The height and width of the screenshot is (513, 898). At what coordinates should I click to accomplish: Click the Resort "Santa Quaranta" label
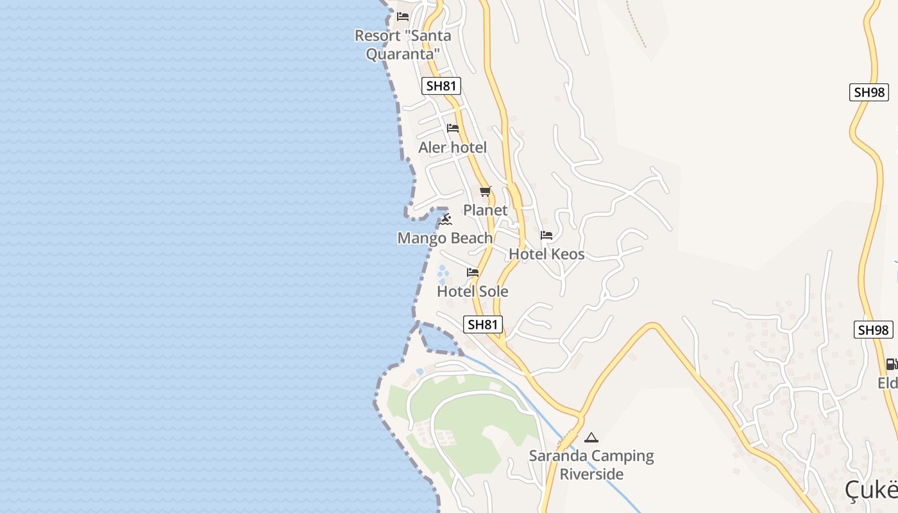coord(403,44)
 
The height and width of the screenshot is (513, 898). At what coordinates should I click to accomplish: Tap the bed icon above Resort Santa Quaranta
coord(403,17)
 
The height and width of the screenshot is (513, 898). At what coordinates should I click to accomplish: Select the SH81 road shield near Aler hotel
coord(441,86)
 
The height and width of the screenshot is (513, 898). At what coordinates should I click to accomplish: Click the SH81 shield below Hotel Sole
coord(482,324)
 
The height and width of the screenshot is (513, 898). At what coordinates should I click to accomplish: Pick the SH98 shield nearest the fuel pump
coord(873,330)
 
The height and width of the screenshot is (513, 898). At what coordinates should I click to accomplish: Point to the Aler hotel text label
coord(452,147)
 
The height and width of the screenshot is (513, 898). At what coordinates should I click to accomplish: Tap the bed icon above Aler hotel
coord(453,128)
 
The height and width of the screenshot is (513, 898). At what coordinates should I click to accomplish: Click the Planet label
coord(485,210)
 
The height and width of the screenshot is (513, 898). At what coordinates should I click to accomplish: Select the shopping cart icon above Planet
coord(486,192)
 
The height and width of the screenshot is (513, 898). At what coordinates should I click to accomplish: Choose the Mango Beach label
coord(445,239)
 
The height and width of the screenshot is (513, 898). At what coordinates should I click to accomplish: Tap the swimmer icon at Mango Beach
coord(446,220)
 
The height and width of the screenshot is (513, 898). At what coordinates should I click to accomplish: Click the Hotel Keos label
coord(546,254)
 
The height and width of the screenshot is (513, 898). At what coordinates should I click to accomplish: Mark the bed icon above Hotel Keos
coord(546,235)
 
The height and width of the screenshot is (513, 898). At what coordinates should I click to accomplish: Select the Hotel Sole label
coord(473,292)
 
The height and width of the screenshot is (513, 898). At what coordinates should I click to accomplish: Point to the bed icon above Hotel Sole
coord(473,273)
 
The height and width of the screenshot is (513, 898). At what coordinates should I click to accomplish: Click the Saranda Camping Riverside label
coord(591,465)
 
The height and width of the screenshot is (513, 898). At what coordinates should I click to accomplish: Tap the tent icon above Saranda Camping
coord(591,438)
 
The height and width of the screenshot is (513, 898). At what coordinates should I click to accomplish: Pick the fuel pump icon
coord(891,364)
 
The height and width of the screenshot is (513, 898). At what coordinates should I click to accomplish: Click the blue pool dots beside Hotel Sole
coord(443,275)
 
